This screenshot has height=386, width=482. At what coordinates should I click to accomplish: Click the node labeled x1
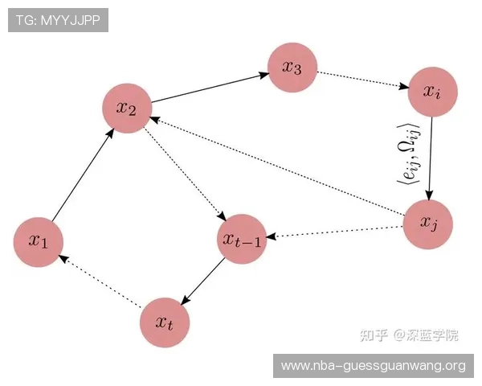(39, 242)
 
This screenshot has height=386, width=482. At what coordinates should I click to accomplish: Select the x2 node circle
(127, 109)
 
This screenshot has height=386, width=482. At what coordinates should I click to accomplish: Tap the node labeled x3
(292, 68)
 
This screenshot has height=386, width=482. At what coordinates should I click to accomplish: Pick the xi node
(432, 92)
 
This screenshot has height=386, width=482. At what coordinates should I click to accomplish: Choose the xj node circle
(428, 224)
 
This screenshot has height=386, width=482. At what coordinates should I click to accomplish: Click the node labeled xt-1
(242, 239)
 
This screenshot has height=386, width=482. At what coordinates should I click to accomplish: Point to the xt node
(165, 322)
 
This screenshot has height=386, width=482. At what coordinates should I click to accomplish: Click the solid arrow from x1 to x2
(83, 175)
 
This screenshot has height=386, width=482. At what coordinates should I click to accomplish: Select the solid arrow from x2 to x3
(210, 88)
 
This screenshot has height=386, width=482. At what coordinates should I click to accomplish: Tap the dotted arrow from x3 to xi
(363, 80)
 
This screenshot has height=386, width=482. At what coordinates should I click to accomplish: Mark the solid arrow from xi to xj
(431, 158)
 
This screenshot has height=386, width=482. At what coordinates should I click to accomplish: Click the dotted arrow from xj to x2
(277, 166)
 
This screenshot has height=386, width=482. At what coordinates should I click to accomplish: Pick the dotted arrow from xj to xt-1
(334, 232)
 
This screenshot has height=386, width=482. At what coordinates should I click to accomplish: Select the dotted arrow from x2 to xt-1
(186, 174)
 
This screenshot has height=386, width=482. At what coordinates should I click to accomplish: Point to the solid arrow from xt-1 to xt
(203, 281)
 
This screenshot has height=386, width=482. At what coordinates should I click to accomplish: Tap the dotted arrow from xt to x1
(100, 281)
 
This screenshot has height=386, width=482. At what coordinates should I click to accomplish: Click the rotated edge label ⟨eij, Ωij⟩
(408, 154)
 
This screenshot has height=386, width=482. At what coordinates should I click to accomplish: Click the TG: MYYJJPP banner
(58, 20)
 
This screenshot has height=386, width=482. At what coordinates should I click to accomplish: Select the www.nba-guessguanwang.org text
(374, 366)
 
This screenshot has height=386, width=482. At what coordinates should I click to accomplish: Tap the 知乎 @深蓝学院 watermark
(409, 335)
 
